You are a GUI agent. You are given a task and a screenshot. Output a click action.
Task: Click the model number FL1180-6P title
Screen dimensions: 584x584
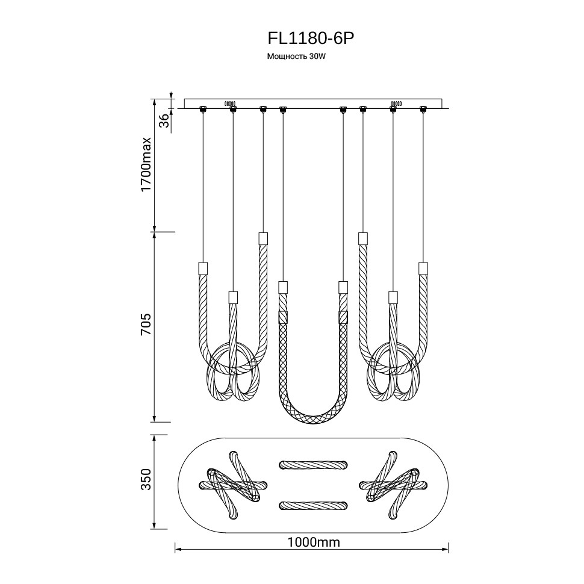pyautogui.click(x=310, y=38)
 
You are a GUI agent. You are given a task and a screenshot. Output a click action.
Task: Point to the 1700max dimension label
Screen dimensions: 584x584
pyautogui.click(x=146, y=165)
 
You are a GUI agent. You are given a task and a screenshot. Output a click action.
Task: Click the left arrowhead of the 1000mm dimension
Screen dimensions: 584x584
pyautogui.click(x=178, y=548)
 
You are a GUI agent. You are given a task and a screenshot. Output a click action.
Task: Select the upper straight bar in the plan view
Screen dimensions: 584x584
pyautogui.click(x=312, y=464)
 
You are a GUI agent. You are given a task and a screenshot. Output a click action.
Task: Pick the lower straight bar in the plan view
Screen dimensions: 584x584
pyautogui.click(x=312, y=505)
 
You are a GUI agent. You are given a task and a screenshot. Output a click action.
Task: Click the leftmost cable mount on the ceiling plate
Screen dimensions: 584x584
pyautogui.click(x=203, y=109)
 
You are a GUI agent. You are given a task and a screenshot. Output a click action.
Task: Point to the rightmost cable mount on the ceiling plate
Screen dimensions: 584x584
pyautogui.click(x=423, y=109)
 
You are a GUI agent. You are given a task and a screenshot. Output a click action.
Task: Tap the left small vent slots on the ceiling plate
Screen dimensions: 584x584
pyautogui.click(x=229, y=103)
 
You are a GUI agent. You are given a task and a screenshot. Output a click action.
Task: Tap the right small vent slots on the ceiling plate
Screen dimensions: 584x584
pyautogui.click(x=396, y=103)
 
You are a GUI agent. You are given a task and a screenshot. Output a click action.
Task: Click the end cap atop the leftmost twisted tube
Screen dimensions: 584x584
pyautogui.click(x=203, y=267)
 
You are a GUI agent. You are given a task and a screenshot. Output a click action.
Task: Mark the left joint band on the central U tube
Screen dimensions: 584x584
pyautogui.click(x=283, y=317)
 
